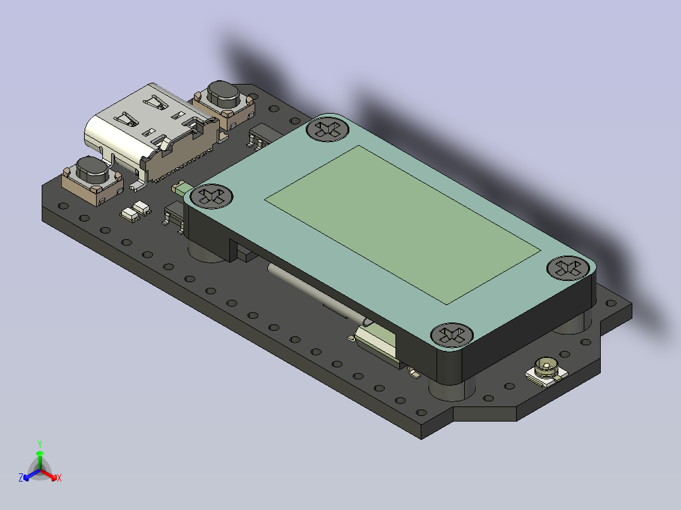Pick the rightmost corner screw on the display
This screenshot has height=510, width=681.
click(x=567, y=267)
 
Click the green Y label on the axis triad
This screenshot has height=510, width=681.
click(x=39, y=444)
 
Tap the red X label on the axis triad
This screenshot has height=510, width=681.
click(x=59, y=478)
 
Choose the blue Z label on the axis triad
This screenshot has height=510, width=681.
click(x=21, y=478)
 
